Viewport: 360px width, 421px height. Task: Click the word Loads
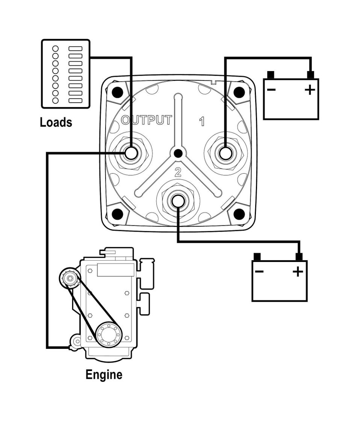56,123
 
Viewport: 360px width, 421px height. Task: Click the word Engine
104,375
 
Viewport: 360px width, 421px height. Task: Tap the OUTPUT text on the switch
147,120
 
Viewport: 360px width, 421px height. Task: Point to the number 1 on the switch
202,121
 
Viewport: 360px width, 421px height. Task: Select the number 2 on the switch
178,173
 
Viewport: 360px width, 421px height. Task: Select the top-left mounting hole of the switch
117,92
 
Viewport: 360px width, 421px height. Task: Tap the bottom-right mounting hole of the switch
239,214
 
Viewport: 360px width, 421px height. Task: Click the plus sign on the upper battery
310,89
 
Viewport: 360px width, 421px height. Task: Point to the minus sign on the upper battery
271,89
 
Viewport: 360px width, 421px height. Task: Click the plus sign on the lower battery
298,271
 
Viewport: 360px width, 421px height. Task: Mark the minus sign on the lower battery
259,271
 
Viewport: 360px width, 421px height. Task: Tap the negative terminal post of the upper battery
271,75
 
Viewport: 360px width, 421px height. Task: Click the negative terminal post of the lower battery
257,257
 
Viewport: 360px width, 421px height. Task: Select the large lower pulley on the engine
109,335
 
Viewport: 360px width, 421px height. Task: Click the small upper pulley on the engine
70,279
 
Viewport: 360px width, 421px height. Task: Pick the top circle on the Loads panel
55,48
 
